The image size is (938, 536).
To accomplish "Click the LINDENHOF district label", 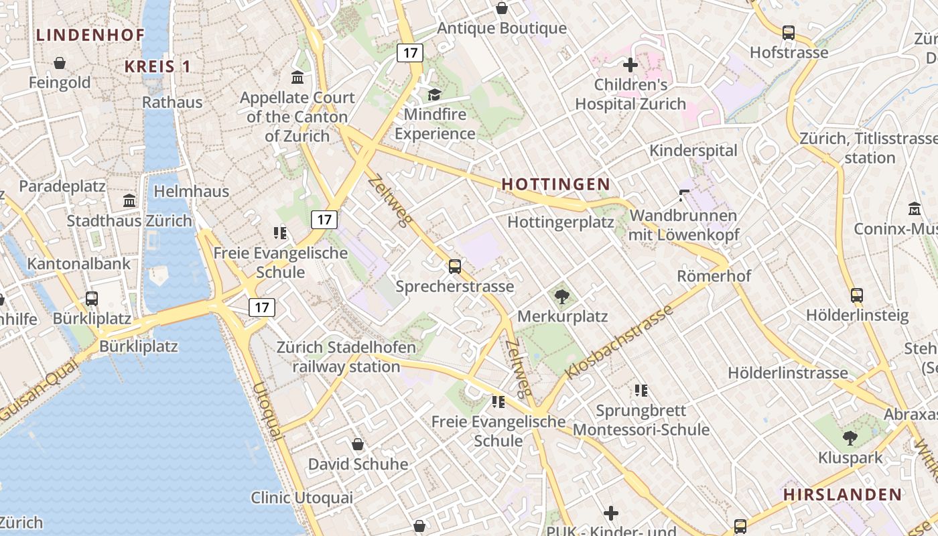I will point(90,35).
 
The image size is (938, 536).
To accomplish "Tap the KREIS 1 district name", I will point(158,66).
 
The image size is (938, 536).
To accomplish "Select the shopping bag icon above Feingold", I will point(60,63).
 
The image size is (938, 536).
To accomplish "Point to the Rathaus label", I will point(172,103).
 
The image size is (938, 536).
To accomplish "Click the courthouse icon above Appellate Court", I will point(297,78).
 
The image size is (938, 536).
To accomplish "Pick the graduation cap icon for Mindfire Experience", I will point(435,94).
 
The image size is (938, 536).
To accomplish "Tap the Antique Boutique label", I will point(502,28).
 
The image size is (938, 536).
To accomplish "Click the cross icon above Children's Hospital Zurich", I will point(630,65).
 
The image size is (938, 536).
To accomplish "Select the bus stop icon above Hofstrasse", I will point(789,32).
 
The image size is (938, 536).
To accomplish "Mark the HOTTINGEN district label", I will point(555,184).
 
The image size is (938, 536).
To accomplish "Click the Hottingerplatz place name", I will point(561,222).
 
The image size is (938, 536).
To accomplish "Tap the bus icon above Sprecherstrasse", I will point(455,267).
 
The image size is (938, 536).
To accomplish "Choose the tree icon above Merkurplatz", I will point(562,296).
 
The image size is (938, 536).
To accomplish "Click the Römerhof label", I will point(714,276).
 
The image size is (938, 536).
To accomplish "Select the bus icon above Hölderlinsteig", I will point(856,295).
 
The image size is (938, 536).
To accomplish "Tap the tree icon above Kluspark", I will point(850,439).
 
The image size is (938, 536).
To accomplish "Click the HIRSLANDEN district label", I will point(843,495).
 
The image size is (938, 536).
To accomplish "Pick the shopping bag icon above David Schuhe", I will point(358,444).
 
